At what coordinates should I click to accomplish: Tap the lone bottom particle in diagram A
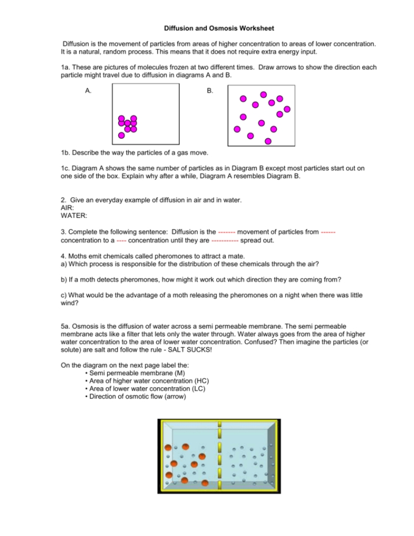122,135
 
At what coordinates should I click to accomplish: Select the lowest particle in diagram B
268,141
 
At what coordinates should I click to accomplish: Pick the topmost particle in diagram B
264,94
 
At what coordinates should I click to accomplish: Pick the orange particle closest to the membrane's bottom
205,483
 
